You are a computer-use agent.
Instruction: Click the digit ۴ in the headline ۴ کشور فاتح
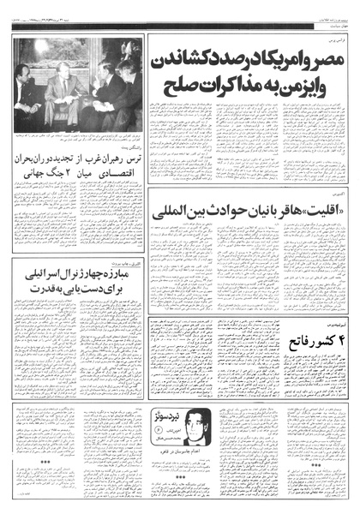pos(332,340)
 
